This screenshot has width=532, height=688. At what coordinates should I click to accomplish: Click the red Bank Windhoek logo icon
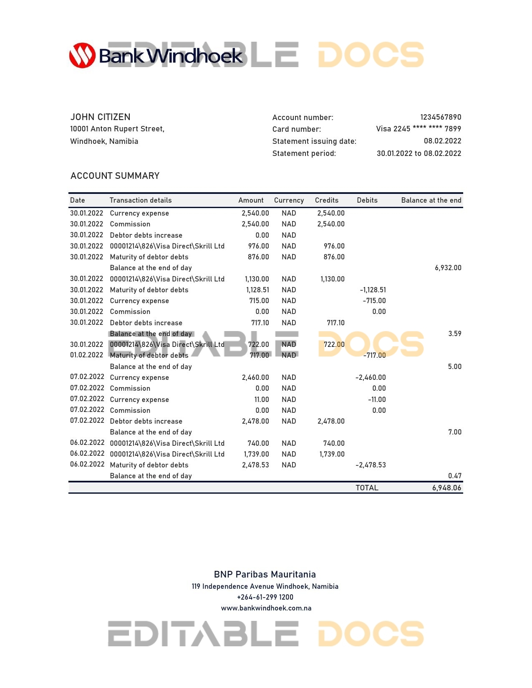coord(82,55)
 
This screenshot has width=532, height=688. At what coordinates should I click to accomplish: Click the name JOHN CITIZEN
coord(100,117)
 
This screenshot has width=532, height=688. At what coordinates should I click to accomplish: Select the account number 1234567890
coord(440,117)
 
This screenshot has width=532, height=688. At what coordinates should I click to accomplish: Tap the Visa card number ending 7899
coord(418,129)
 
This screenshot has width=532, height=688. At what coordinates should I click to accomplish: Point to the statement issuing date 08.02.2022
coord(442,141)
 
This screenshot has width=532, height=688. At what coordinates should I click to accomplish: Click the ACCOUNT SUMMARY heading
coord(115,176)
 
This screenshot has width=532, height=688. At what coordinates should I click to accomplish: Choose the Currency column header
coord(289,201)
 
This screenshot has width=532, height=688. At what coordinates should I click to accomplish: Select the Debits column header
coord(367,201)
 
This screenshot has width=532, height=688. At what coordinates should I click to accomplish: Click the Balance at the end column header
coord(431,201)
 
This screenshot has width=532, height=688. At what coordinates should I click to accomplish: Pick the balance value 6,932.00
coord(448,268)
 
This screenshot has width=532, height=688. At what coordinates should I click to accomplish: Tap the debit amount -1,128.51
coord(373,290)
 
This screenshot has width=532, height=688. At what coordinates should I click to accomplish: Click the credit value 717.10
coord(335,323)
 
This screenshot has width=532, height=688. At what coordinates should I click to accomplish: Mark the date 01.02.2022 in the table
coord(86,355)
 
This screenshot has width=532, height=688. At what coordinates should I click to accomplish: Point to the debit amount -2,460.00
coord(371,377)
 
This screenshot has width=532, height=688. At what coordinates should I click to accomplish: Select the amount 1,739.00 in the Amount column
coord(256,454)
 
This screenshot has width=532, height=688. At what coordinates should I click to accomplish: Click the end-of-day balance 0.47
coord(454,476)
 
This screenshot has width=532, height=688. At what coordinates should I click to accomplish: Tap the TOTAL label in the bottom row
coord(367,488)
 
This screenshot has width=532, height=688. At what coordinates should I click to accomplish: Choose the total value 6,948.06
coord(446,488)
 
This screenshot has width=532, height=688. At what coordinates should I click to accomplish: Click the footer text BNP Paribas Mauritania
coord(265,575)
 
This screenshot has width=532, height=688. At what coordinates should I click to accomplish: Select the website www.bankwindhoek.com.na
coord(266,608)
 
